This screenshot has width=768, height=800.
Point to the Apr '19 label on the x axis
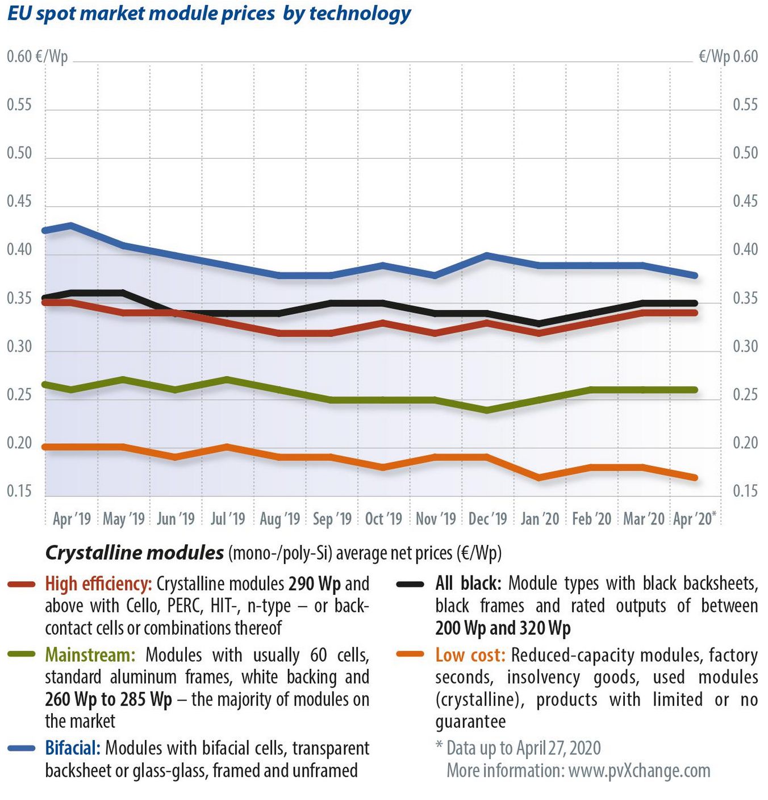pos(72,519)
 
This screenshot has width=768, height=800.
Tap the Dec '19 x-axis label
pos(488,519)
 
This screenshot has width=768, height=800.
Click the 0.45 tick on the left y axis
pos(19,202)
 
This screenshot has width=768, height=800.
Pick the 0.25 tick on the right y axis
pos(745,395)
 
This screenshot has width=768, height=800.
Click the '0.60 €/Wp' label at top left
pos(37,57)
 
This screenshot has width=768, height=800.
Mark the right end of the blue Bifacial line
pos(695,276)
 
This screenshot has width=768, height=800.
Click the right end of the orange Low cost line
pos(695,478)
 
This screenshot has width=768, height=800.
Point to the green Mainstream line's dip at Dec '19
pos(487,410)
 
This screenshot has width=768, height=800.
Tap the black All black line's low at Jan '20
pos(539,324)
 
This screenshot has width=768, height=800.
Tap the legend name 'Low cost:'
pos(470,655)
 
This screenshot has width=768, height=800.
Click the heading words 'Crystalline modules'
pos(134,553)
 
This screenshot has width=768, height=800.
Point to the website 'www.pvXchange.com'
pos(639,771)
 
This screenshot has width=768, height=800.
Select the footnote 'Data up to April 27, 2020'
pos(523,748)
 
